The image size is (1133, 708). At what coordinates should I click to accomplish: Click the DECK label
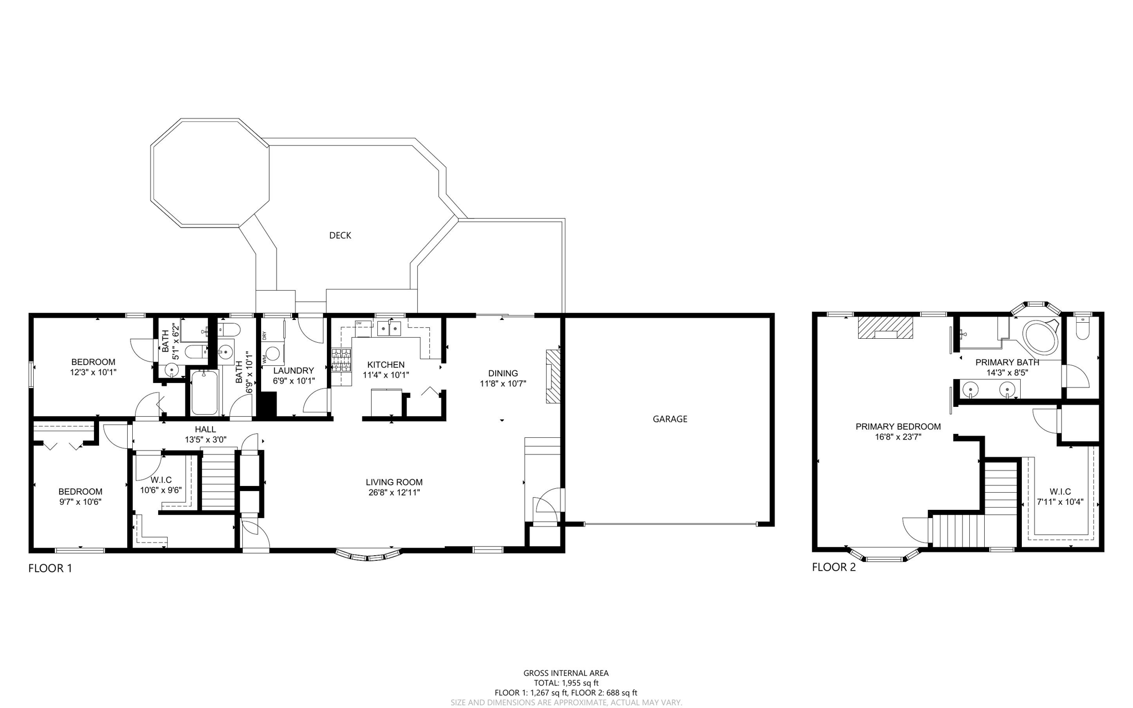pyautogui.click(x=340, y=235)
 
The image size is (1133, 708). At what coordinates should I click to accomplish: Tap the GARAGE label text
pyautogui.click(x=669, y=419)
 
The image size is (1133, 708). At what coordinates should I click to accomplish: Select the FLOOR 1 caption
pyautogui.click(x=50, y=568)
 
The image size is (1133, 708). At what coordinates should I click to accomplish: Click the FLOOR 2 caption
pyautogui.click(x=833, y=567)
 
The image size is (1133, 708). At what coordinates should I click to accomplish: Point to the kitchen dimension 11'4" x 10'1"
pyautogui.click(x=386, y=375)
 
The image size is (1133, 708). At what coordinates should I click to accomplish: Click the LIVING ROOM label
pyautogui.click(x=394, y=482)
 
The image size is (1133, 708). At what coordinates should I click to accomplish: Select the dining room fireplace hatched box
pyautogui.click(x=553, y=376)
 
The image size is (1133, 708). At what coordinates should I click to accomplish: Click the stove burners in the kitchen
pyautogui.click(x=341, y=360)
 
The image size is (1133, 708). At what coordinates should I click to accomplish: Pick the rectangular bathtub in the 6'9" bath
pyautogui.click(x=204, y=392)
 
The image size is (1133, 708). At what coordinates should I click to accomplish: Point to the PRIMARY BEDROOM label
pyautogui.click(x=897, y=427)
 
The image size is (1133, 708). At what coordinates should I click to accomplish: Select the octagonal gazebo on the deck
pyautogui.click(x=210, y=172)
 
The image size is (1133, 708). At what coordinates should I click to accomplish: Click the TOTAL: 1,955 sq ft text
pyautogui.click(x=565, y=683)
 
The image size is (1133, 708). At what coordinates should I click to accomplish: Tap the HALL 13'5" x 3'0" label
pyautogui.click(x=205, y=435)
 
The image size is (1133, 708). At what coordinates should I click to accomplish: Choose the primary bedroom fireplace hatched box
pyautogui.click(x=885, y=327)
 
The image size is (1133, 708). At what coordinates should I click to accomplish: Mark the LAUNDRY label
pyautogui.click(x=293, y=370)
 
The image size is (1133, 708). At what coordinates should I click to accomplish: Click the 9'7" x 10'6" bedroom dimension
pyautogui.click(x=80, y=502)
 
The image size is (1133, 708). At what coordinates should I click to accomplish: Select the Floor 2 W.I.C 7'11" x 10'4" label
pyautogui.click(x=1059, y=497)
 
